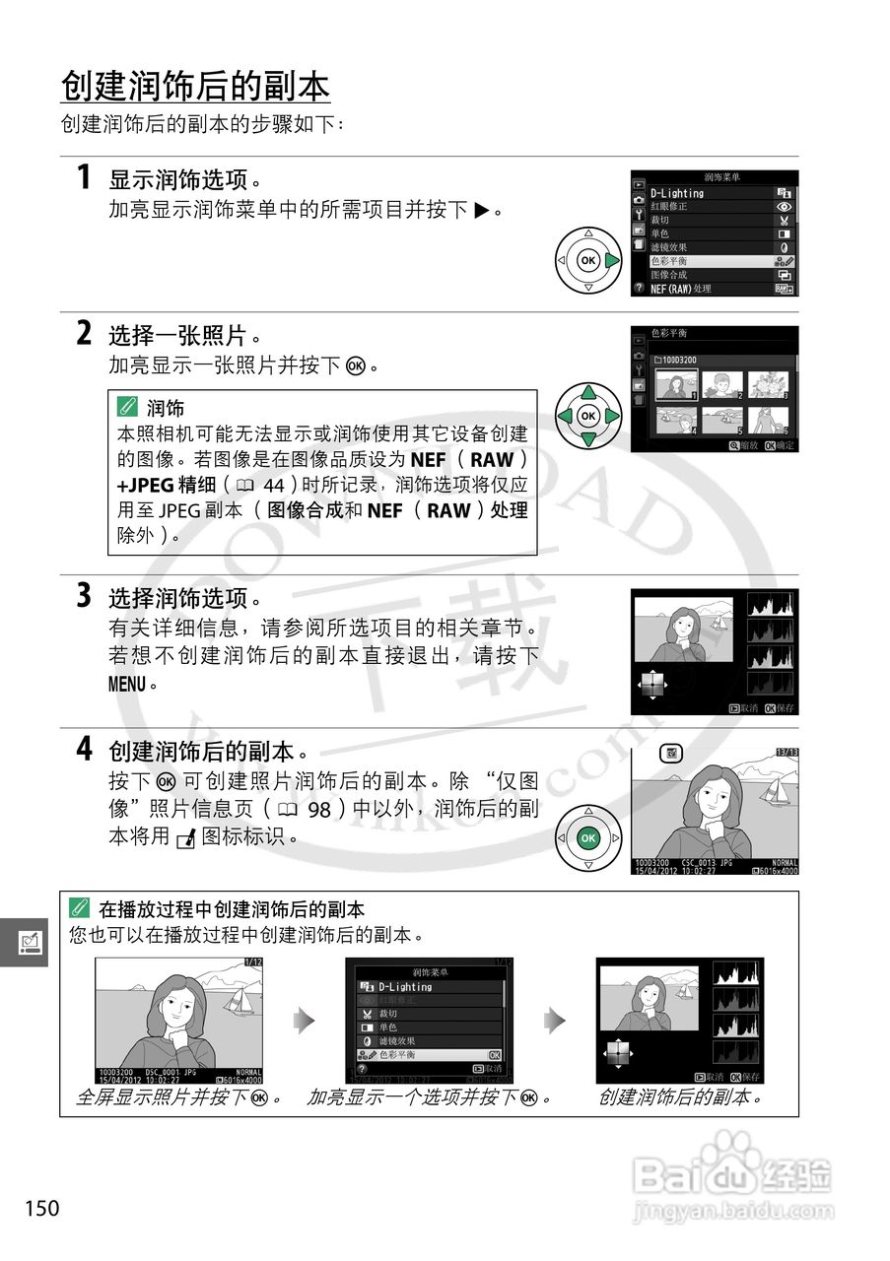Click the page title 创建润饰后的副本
tap(195, 87)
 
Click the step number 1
tap(85, 178)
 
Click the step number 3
tap(85, 596)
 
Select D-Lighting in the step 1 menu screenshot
tap(678, 193)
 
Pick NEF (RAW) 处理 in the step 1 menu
tap(681, 289)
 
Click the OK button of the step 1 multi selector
tap(587, 261)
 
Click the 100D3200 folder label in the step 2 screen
tap(677, 360)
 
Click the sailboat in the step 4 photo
tap(777, 789)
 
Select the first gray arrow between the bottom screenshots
tap(306, 1021)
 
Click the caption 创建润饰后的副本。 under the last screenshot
tap(681, 1097)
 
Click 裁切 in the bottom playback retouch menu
tap(388, 1013)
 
